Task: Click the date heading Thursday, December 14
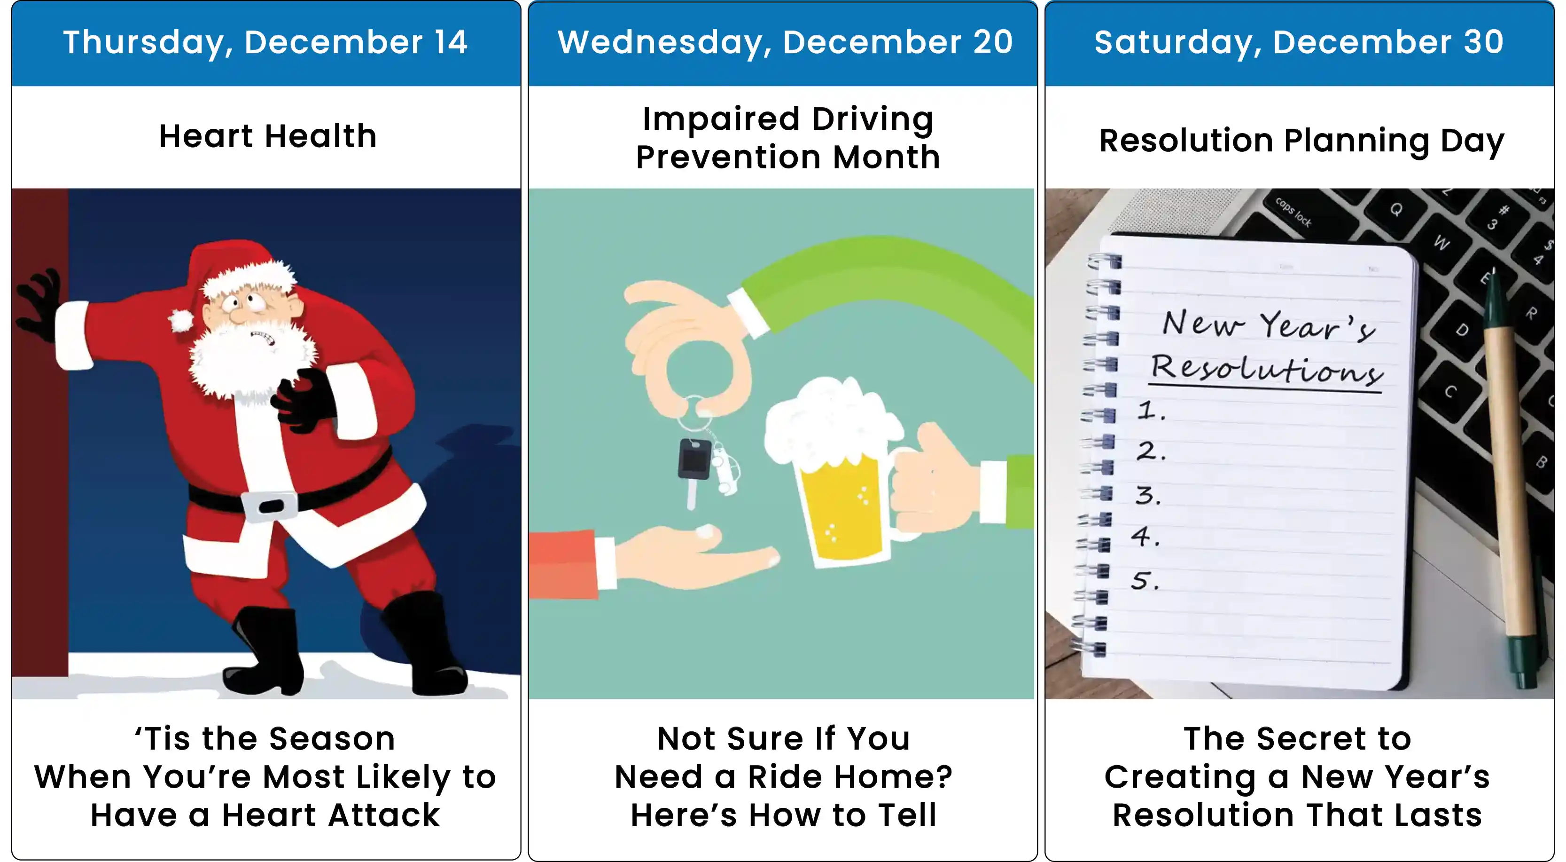click(265, 43)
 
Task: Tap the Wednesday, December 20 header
click(785, 43)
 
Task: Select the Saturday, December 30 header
click(1299, 43)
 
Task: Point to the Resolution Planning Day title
click(1301, 141)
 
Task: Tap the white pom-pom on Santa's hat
click(180, 320)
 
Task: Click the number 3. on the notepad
click(1148, 495)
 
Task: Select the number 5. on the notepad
click(1145, 580)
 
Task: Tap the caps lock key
click(1293, 211)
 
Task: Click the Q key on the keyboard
click(1396, 209)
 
